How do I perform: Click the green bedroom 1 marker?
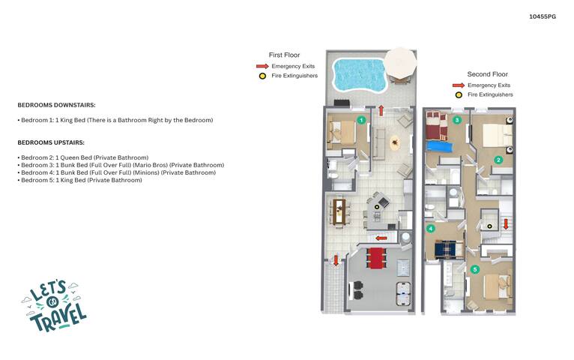point(361,120)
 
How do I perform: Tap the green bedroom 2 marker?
point(498,160)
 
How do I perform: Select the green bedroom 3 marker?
point(456,120)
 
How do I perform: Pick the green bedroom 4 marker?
point(430,229)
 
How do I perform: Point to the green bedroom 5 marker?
point(475,269)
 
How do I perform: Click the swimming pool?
point(359,75)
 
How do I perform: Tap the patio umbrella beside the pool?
point(400,62)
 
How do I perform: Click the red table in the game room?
point(376,258)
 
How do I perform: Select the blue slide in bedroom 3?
point(440,146)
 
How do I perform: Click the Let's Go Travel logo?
point(54,306)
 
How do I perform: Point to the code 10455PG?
point(542,16)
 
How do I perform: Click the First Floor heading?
point(284,55)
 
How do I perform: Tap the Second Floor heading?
point(487,74)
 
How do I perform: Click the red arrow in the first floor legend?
point(262,66)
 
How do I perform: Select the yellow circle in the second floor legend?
point(459,94)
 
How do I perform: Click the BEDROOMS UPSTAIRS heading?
point(51,142)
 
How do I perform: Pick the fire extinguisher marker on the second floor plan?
point(489,226)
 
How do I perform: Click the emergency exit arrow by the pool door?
point(381,110)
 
